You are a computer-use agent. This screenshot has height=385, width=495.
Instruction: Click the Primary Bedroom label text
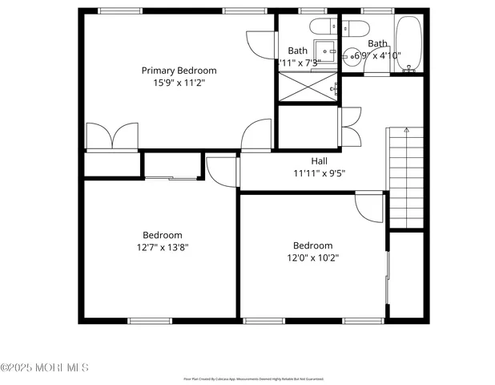point(179,71)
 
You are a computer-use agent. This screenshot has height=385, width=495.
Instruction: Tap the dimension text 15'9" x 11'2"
point(179,82)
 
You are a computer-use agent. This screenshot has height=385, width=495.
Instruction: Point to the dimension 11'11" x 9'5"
point(319,172)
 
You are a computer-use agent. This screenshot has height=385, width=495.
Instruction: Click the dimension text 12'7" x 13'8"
point(163,247)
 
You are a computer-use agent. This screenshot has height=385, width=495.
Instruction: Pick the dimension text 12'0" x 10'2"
point(312,257)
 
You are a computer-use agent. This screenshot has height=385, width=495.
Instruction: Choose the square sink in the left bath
point(324,47)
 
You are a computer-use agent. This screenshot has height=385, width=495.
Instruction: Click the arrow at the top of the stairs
point(406,130)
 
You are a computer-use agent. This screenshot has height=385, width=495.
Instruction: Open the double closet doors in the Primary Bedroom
point(111,136)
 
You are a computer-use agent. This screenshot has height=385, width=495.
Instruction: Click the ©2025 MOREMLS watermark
point(45,367)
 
